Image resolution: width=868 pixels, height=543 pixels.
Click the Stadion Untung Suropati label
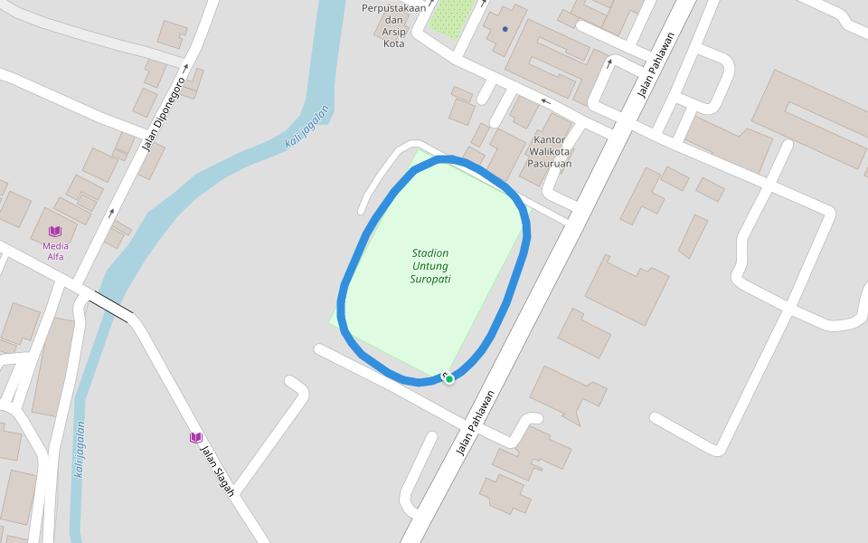(430, 266)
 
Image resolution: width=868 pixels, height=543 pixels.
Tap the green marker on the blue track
(448, 378)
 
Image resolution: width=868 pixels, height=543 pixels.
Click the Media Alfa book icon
(55, 232)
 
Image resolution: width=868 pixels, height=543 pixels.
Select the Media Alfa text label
(55, 251)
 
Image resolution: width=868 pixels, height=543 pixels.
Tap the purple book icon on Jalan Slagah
(195, 437)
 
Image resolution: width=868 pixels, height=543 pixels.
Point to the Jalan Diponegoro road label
(163, 114)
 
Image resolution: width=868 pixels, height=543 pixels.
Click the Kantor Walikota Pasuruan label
(552, 152)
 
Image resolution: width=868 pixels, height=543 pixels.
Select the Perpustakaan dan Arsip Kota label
(393, 25)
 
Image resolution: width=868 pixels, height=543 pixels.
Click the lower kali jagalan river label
(80, 450)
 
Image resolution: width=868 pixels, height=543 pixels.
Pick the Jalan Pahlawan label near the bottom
(477, 423)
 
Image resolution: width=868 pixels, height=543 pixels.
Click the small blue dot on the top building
(505, 29)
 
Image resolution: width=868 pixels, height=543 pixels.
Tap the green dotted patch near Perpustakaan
(449, 17)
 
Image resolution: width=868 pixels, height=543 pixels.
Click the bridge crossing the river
(110, 307)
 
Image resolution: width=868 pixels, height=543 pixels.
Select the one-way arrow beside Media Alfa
(112, 213)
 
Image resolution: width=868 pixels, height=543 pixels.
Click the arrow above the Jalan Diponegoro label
(185, 66)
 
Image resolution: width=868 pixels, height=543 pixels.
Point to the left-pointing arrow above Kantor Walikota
(545, 101)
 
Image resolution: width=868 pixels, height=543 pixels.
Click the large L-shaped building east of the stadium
(627, 289)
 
